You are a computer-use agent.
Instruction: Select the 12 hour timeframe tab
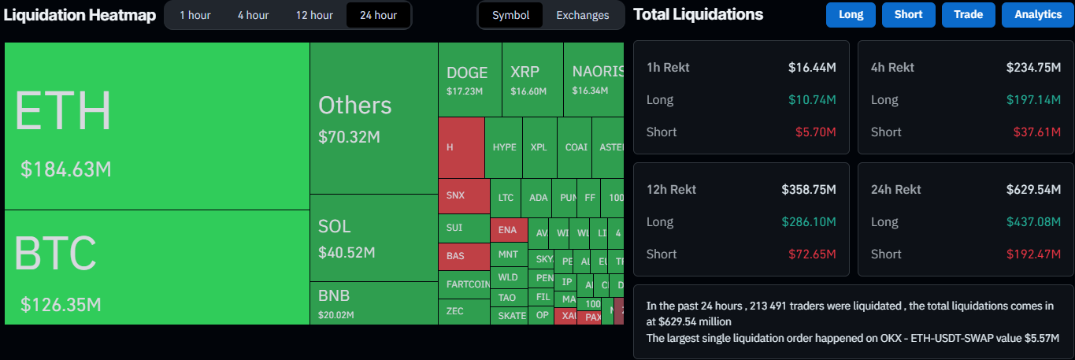[314, 15]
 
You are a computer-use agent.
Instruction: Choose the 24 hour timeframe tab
[378, 15]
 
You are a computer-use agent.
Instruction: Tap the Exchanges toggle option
[582, 15]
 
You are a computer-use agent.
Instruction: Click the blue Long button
[851, 15]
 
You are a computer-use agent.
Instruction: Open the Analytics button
[1037, 15]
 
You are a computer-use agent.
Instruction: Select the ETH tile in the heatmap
[157, 126]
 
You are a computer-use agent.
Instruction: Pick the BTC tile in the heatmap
[157, 267]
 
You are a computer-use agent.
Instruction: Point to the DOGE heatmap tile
[469, 80]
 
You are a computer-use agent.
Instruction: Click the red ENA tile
[508, 230]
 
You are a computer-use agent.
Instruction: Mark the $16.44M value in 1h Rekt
[812, 68]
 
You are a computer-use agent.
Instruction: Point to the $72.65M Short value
[812, 254]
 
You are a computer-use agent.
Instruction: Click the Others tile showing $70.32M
[373, 118]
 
